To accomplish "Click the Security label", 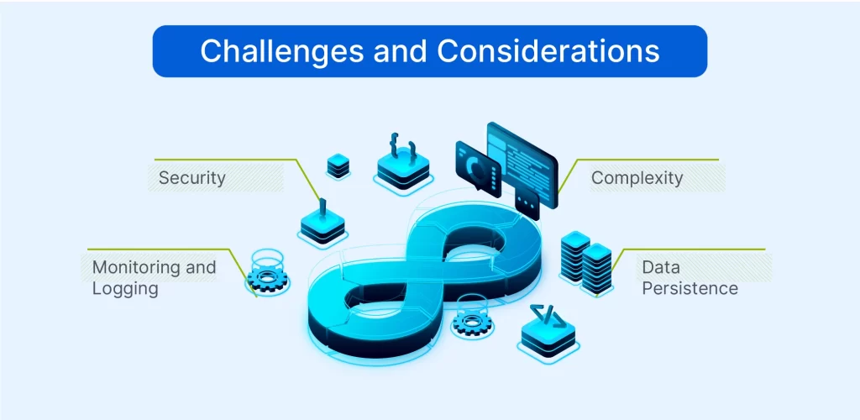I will pos(192,178).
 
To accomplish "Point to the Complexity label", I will pos(637,178).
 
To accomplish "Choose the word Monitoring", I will pos(134,267).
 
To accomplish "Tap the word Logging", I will pos(125,289).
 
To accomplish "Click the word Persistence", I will pos(690,289).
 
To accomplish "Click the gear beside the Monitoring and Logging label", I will pos(269,278).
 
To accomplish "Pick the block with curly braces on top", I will pos(402,169).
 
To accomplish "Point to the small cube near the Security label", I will pos(338,165).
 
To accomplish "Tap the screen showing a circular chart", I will pos(478,165).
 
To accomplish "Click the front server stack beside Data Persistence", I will pos(597,269).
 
